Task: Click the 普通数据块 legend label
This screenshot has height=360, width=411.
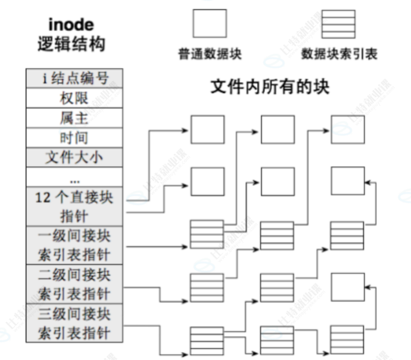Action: click(x=210, y=54)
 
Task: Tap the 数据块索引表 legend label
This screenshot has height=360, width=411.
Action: click(x=340, y=54)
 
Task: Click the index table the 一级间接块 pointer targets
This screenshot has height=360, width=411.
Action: click(x=207, y=234)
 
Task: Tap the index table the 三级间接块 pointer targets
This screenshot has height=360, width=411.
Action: click(x=207, y=340)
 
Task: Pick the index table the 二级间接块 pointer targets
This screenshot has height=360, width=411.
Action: click(x=207, y=287)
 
